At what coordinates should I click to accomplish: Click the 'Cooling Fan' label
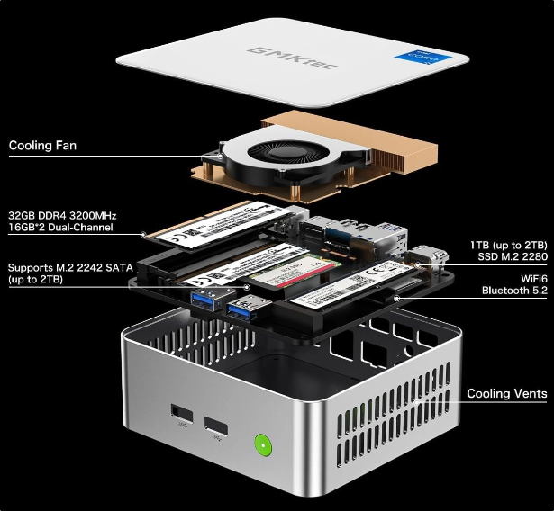42,144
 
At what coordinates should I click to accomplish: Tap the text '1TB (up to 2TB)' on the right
508,245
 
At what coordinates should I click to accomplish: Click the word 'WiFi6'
528,278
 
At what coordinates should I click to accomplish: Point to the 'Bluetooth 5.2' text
513,291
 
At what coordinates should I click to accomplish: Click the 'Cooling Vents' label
506,394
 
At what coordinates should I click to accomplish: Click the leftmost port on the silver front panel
179,417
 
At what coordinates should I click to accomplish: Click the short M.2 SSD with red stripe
297,270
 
